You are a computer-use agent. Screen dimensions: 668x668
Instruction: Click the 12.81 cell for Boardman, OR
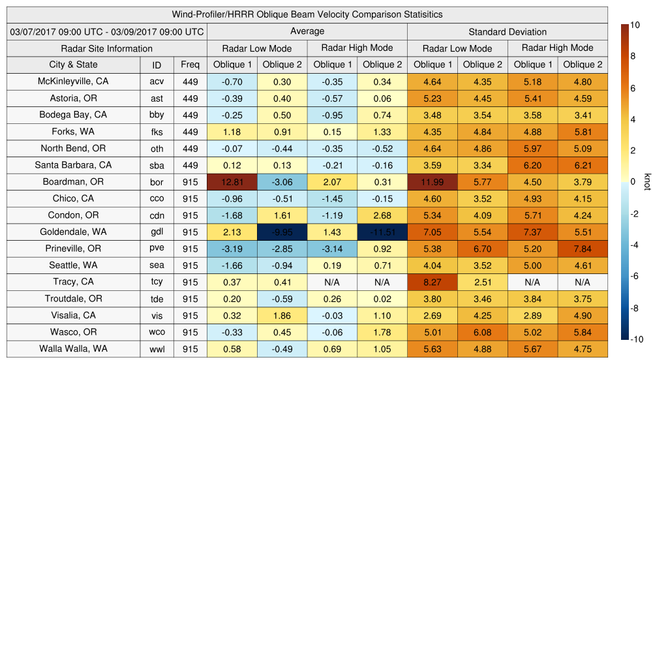coord(232,182)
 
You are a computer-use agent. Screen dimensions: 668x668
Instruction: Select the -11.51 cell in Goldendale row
coord(382,232)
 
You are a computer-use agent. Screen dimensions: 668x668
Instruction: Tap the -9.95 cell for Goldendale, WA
coord(282,232)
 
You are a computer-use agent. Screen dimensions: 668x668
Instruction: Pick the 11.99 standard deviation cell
coord(433,182)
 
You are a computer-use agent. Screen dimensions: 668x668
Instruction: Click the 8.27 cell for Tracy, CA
coord(433,282)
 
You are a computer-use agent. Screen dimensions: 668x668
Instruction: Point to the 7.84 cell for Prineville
coord(583,249)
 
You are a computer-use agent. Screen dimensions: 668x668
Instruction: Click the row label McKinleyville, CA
coord(73,82)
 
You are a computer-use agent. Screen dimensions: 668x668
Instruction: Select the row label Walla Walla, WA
coord(73,348)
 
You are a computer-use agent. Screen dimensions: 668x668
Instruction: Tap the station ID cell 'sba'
coord(157,165)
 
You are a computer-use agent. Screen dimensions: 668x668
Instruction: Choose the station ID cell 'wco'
coord(157,332)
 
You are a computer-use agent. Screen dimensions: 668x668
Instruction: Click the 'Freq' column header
coord(190,65)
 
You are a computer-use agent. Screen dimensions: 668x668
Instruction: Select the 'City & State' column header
coord(73,65)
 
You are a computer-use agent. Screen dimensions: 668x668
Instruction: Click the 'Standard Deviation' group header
coord(508,32)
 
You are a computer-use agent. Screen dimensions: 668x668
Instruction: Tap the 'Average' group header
coord(307,31)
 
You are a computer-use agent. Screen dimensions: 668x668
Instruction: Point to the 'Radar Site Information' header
coord(106,48)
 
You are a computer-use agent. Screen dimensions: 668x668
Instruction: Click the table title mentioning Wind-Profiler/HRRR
coord(307,14)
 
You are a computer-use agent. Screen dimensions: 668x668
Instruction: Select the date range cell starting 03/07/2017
coord(106,31)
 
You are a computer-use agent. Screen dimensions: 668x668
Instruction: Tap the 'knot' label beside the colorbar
coord(647,181)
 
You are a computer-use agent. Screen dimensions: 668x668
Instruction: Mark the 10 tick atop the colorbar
coord(635,25)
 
